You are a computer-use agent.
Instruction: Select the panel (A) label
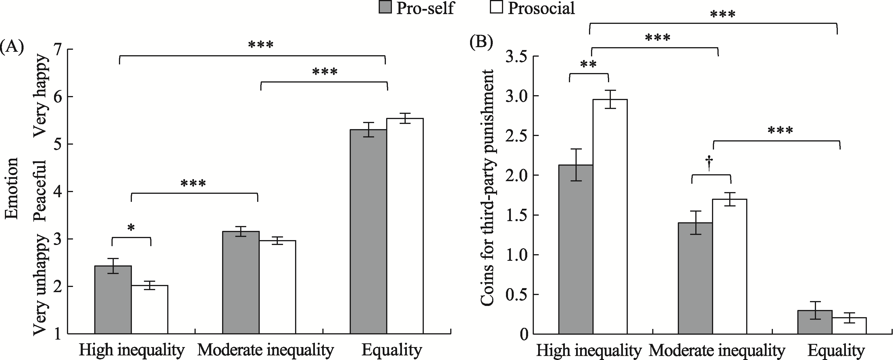coord(12,46)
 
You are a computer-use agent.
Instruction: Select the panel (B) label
coord(481,42)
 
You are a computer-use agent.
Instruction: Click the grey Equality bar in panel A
coord(368,232)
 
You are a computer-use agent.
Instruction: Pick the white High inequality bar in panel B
coord(610,217)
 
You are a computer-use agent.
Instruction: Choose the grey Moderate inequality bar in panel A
coord(240,283)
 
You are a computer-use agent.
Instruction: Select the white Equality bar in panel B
coord(849,326)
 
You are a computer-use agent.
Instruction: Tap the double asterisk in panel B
coord(588,65)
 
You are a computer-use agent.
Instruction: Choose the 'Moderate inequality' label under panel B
coord(717,351)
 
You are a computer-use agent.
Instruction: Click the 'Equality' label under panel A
coord(392,350)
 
